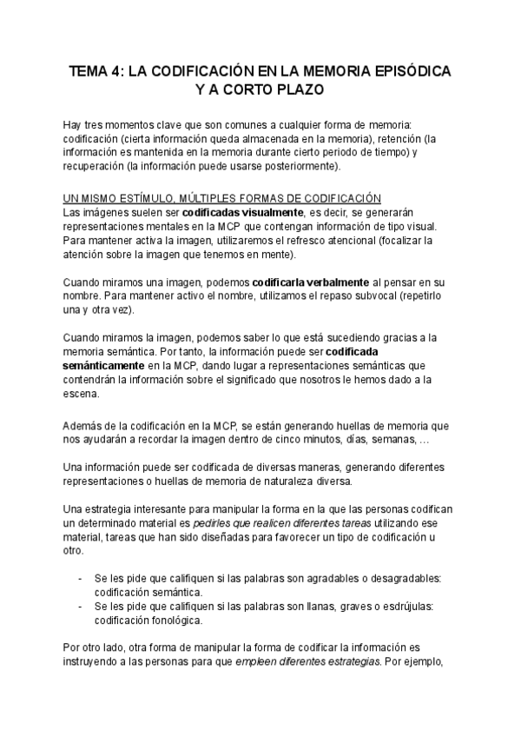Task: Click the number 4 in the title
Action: point(115,70)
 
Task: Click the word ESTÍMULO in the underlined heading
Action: point(148,199)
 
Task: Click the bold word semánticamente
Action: point(107,366)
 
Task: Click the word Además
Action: point(85,425)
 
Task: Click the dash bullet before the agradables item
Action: point(80,579)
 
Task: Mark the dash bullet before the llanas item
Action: point(80,607)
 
